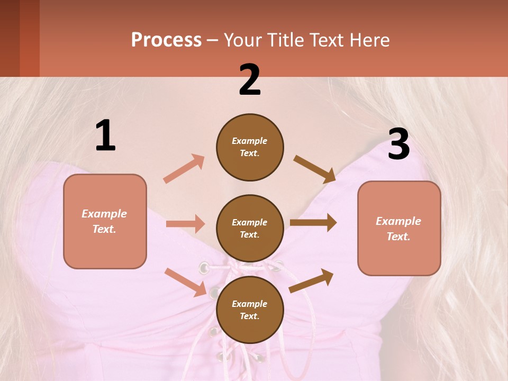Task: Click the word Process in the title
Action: (x=166, y=40)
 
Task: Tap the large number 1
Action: (x=105, y=136)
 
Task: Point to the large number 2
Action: (x=250, y=79)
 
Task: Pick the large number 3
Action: (x=398, y=144)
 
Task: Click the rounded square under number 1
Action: (x=105, y=221)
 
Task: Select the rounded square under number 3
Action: (x=399, y=228)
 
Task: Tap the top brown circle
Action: (x=250, y=147)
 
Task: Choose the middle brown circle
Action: (x=250, y=228)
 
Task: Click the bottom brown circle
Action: (x=250, y=310)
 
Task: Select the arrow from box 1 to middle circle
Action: (x=185, y=224)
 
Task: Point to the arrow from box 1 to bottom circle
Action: (x=186, y=282)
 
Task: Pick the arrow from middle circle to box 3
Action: (x=313, y=223)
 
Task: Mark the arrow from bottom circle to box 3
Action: (x=311, y=281)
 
